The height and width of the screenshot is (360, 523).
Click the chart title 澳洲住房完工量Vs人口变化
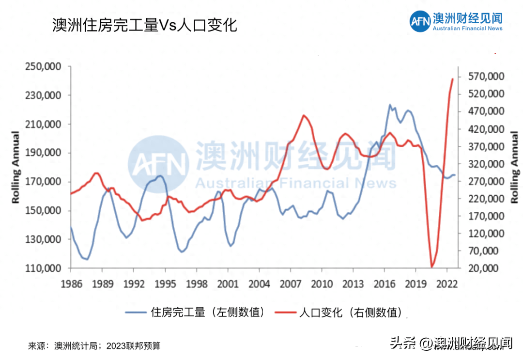[144, 25]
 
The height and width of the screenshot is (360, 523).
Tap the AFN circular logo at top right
[419, 21]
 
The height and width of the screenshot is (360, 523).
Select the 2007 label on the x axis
[289, 283]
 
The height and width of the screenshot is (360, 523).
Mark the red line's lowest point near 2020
[431, 267]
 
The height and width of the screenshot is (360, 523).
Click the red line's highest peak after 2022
[453, 78]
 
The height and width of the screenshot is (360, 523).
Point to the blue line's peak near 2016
[390, 105]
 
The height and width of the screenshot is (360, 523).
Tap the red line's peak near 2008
[304, 115]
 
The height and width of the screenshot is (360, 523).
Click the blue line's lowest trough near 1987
[87, 259]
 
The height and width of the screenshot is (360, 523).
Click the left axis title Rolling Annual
[15, 167]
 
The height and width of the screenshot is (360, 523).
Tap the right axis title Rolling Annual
[514, 167]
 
